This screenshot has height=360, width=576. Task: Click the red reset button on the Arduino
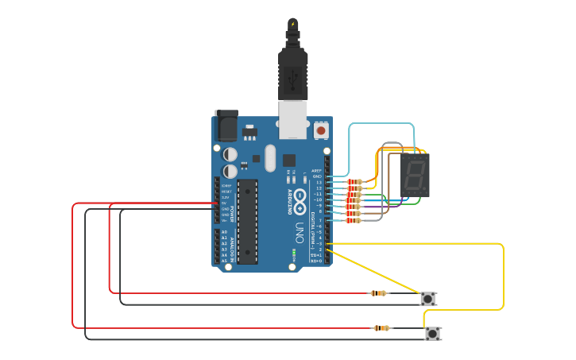point(321,130)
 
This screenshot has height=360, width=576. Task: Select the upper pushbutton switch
point(428,299)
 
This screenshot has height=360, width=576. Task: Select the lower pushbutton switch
point(433,334)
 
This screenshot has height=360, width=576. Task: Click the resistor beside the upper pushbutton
point(379,293)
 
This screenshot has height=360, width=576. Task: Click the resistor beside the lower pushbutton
point(382,328)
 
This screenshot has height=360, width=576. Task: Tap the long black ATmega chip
point(248,221)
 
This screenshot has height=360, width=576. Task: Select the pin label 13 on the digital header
point(319,182)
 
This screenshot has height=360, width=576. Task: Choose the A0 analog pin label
point(224,232)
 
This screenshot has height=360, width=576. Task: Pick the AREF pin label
point(317,170)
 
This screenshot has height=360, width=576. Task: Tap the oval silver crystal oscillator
point(270,157)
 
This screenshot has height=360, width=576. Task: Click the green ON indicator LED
point(296,254)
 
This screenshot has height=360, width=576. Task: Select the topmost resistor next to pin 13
point(355,182)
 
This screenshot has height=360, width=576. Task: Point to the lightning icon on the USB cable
point(293,24)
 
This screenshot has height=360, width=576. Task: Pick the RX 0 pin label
point(316,261)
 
